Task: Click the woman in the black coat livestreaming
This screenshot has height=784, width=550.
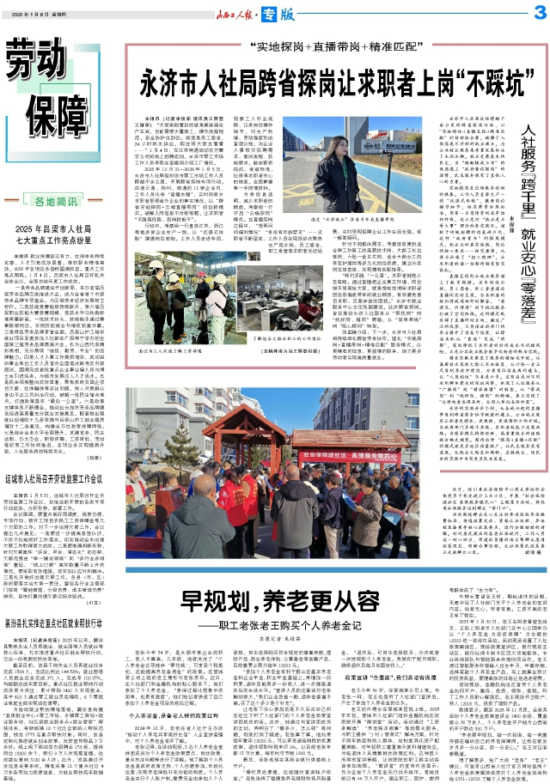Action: pos(341,184)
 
